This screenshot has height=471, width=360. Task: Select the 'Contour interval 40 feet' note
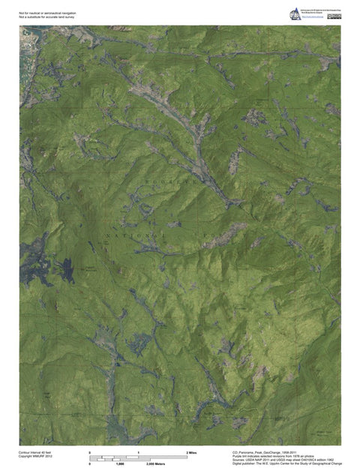click(36, 453)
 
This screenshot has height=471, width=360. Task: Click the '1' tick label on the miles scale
click(139, 453)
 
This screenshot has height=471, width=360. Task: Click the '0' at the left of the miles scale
click(90, 453)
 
